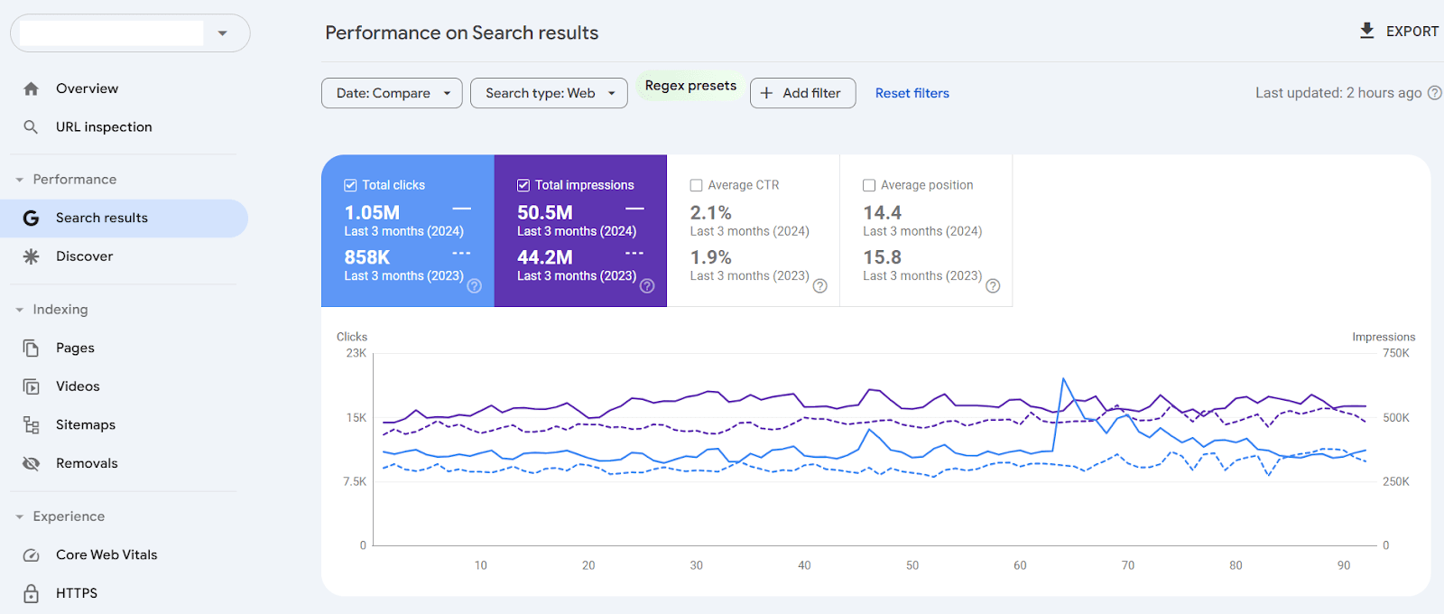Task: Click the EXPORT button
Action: (1399, 32)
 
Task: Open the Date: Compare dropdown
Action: (392, 93)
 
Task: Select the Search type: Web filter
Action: (549, 93)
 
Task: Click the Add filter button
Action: (802, 93)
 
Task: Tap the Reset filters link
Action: (912, 93)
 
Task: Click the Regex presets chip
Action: (690, 86)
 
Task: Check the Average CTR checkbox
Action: (697, 185)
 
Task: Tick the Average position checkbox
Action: (869, 185)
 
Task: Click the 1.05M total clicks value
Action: (372, 213)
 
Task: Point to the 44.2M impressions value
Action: (544, 258)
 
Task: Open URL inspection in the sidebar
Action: (104, 127)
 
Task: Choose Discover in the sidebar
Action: (84, 256)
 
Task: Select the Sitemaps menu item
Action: (86, 424)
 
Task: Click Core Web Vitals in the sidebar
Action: (106, 554)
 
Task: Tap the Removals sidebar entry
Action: (87, 463)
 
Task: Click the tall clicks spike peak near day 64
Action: (1064, 379)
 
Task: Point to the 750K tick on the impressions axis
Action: (1395, 353)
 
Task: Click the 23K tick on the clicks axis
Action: (356, 353)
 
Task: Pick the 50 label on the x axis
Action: (912, 565)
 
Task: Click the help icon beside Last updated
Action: (1434, 93)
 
